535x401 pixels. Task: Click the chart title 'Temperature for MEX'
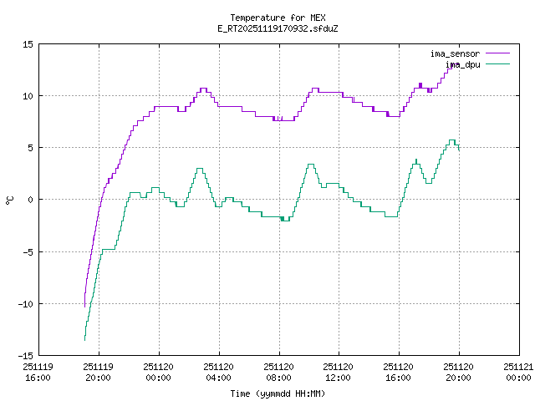[278, 18]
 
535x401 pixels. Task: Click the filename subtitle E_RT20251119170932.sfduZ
[278, 28]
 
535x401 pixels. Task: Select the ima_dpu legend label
[462, 63]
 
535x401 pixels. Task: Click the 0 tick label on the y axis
[30, 200]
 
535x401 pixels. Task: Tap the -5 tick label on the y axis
[28, 251]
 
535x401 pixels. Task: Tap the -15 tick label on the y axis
[25, 355]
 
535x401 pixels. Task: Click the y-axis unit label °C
[10, 200]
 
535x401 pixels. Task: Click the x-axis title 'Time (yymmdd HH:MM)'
[278, 393]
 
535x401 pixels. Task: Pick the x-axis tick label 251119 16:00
[38, 371]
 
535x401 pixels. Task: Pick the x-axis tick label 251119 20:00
[99, 371]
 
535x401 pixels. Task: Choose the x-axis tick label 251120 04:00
[218, 371]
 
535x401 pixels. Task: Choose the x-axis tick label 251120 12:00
[338, 371]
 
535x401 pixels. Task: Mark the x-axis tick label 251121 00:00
[517, 371]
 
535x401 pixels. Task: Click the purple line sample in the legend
[497, 53]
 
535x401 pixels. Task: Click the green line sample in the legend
[497, 63]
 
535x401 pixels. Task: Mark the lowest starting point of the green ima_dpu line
[84, 339]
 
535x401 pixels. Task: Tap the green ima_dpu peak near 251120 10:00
[310, 165]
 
